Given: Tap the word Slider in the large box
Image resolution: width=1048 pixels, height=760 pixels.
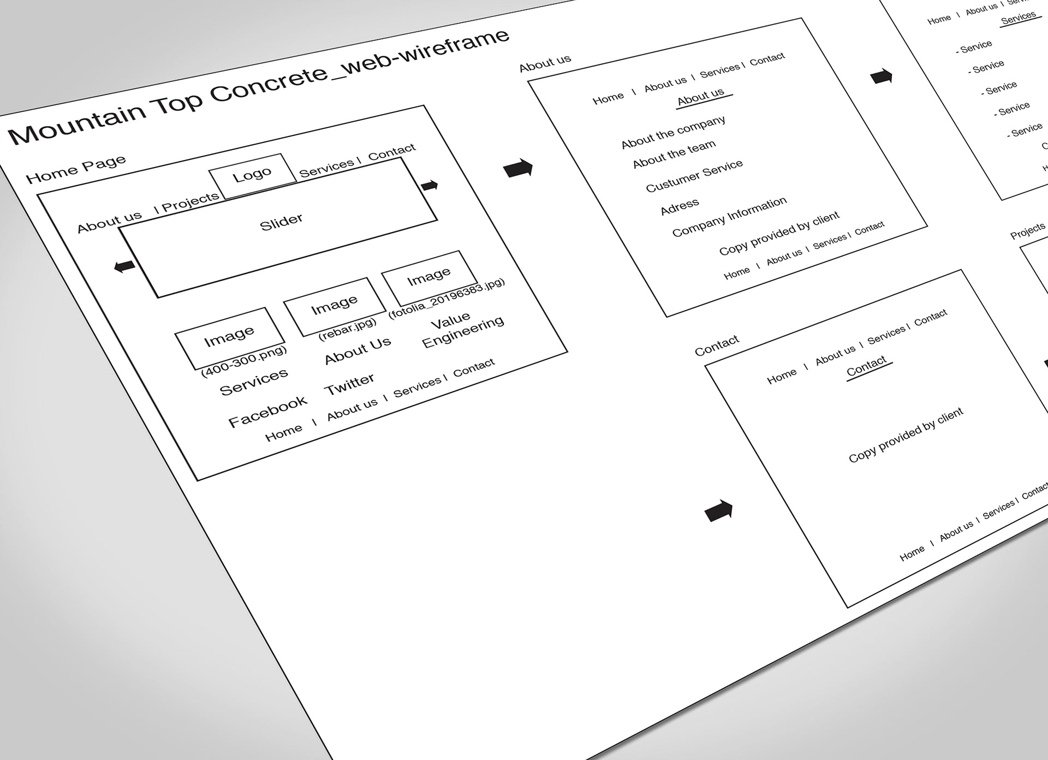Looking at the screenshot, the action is (281, 222).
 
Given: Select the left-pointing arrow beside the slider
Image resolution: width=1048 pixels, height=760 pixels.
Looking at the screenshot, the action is (124, 266).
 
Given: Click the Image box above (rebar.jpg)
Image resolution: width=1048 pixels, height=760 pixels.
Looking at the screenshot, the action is (334, 305).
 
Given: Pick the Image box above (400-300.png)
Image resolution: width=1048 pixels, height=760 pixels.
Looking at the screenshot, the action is (229, 336).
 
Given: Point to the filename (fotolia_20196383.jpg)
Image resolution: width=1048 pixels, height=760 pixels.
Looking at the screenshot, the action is (446, 298).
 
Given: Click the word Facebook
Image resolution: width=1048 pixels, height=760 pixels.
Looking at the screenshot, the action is (267, 411).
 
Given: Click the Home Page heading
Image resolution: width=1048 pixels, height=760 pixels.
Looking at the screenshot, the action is (76, 169).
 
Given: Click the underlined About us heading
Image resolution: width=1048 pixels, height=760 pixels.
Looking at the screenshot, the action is (701, 97).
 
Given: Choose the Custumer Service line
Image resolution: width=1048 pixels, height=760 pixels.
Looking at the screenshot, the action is (694, 176).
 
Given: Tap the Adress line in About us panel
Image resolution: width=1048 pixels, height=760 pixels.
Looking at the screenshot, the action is (680, 207).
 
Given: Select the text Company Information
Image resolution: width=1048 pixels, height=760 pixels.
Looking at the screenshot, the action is (729, 217).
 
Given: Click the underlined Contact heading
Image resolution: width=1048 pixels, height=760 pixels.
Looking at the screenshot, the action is (866, 367).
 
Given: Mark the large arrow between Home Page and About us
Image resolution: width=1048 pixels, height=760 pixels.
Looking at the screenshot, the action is (517, 168).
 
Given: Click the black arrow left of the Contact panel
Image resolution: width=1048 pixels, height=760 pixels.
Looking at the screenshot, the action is (718, 511).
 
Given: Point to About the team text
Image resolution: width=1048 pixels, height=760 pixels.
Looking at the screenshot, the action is (674, 154).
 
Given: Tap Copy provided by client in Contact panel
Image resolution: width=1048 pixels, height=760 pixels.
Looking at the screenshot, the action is (906, 435).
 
